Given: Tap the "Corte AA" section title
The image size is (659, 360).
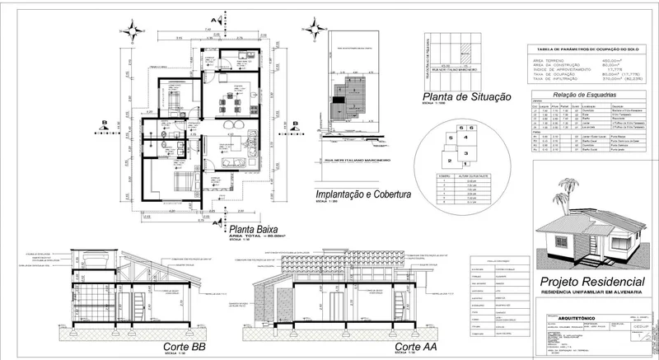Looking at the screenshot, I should click(416, 348).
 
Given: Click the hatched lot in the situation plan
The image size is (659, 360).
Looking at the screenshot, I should click(468, 49).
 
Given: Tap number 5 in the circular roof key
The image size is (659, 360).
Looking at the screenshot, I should click(451, 139).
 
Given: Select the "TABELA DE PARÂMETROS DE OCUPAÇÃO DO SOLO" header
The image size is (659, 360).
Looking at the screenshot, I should click(587, 50).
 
